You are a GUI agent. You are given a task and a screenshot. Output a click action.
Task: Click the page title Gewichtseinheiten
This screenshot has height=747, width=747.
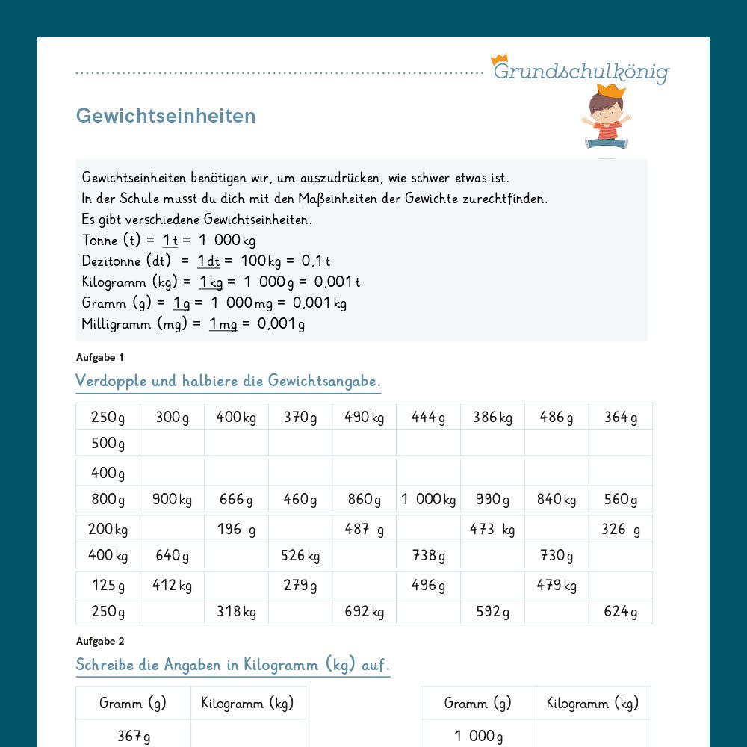coord(166,116)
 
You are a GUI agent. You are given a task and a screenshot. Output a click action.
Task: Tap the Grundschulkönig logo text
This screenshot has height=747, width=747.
coord(581,72)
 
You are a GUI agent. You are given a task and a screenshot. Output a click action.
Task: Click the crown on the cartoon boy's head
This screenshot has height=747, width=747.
coord(611,90)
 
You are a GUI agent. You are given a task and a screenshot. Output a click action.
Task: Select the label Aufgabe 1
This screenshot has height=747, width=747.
coord(100,357)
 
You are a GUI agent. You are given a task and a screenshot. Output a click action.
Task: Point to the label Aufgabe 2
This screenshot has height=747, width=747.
coord(100,641)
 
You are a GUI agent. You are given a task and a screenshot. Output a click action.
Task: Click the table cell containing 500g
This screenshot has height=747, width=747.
coord(108,443)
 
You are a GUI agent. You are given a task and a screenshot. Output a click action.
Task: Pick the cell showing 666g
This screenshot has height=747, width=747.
coord(236,499)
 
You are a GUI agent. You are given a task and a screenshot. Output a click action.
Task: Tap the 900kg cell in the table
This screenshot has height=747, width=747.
coord(172,499)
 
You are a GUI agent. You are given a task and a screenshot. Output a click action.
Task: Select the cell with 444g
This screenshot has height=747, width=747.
coord(428,417)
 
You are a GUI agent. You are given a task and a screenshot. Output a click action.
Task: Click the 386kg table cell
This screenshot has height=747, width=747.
coord(492,417)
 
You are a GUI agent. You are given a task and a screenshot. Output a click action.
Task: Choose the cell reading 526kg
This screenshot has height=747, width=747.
coord(300,555)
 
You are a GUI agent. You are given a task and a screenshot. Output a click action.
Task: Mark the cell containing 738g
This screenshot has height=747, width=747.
coord(428,555)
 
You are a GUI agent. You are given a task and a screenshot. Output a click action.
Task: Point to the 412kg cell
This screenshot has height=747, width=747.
coord(172,585)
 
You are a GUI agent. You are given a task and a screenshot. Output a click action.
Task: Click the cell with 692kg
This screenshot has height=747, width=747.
coord(364,611)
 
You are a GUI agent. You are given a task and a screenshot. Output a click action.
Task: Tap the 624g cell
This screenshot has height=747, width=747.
coord(620,611)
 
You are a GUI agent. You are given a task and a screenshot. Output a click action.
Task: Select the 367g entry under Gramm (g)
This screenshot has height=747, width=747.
coord(133,736)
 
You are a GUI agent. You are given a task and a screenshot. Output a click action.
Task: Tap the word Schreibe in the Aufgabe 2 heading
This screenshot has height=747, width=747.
coord(105,665)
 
